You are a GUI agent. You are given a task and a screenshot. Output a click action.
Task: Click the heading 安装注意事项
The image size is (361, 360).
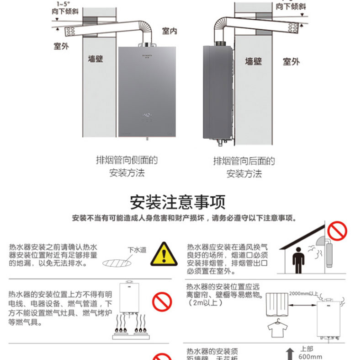click(x=178, y=202)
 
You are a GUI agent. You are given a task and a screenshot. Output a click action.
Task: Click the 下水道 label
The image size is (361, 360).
click(x=137, y=250)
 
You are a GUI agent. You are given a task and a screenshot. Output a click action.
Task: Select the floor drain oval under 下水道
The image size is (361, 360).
click(x=120, y=263)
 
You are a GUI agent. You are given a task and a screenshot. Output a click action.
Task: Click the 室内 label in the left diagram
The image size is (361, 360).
click(x=169, y=32)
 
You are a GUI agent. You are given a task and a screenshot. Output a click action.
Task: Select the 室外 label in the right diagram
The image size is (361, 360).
click(x=291, y=61)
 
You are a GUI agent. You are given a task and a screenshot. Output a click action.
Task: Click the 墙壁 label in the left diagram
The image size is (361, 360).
click(x=96, y=59)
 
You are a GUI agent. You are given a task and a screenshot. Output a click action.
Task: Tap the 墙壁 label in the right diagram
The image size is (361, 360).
click(x=253, y=61)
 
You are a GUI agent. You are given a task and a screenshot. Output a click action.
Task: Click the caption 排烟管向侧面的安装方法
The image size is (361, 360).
click(x=127, y=167)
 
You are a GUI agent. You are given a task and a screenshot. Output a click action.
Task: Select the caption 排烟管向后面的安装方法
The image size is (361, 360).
click(x=244, y=167)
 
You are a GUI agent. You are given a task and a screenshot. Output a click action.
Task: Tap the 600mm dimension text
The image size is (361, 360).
click(x=310, y=357)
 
